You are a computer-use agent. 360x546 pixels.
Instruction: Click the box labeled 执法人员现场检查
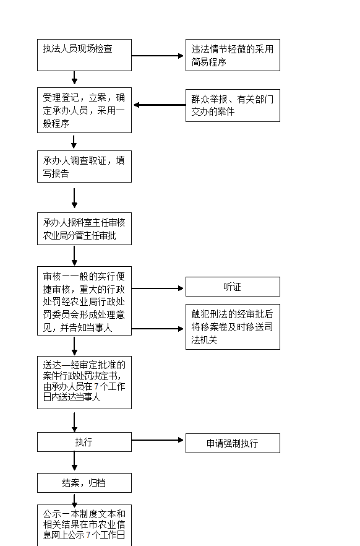point(85,55)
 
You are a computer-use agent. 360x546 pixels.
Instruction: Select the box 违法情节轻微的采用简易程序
point(233,55)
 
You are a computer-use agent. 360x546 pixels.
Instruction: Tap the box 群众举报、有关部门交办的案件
point(233,105)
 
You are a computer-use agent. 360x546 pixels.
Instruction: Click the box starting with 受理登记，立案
point(85,110)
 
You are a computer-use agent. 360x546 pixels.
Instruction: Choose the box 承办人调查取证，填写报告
point(85,167)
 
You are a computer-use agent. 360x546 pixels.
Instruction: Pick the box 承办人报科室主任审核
point(85,229)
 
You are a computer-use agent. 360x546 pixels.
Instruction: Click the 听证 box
point(233,287)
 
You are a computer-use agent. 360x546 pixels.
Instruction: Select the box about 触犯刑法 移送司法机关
point(233,327)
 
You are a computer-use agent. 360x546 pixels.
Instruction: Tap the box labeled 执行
point(85,442)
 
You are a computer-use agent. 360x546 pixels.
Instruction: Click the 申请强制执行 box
point(233,443)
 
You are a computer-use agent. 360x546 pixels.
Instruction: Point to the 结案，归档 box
point(85,483)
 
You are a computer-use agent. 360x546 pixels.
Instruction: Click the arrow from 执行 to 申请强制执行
point(158,440)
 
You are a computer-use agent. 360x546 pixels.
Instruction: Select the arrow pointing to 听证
point(158,288)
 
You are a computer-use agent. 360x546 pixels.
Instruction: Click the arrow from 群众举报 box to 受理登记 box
point(160,105)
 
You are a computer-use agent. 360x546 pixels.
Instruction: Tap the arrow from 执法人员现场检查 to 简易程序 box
point(158,56)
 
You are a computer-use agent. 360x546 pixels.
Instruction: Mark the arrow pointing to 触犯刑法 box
point(158,329)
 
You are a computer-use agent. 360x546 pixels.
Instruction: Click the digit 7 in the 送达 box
point(96,386)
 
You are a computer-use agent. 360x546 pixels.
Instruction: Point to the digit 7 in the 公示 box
point(88,535)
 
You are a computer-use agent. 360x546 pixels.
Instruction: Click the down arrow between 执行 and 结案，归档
point(74,461)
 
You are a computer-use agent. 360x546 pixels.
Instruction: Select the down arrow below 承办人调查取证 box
point(74,198)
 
